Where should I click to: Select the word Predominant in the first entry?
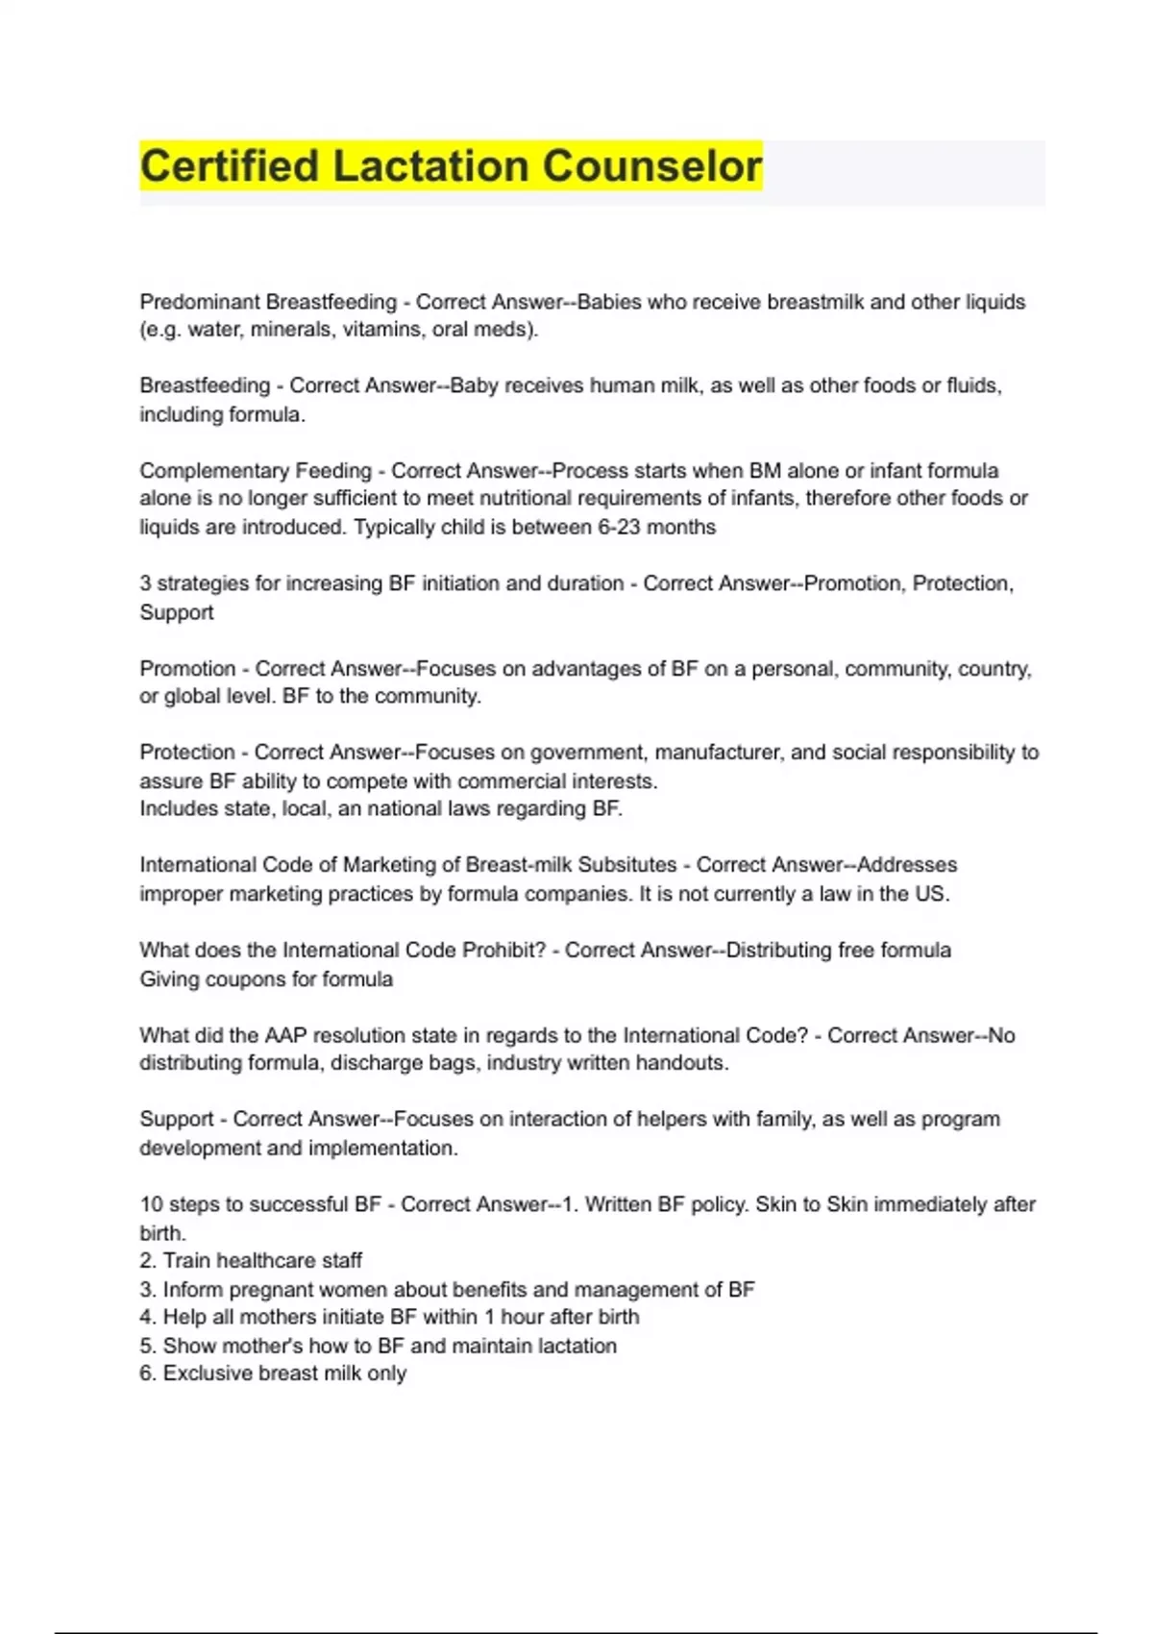point(200,302)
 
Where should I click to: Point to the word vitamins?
point(339,330)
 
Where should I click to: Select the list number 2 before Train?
point(146,1261)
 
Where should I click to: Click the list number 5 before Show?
point(146,1347)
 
